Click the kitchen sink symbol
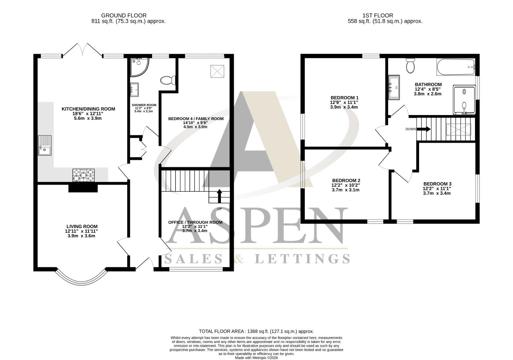[44, 145]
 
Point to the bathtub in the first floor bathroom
[456, 67]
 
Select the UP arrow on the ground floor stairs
[219, 196]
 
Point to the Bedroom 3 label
[437, 184]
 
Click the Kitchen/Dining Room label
[88, 109]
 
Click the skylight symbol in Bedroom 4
[218, 71]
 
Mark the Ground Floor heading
[124, 15]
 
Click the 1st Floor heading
[377, 15]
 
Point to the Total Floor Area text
[256, 331]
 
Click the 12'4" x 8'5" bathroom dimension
[428, 89]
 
